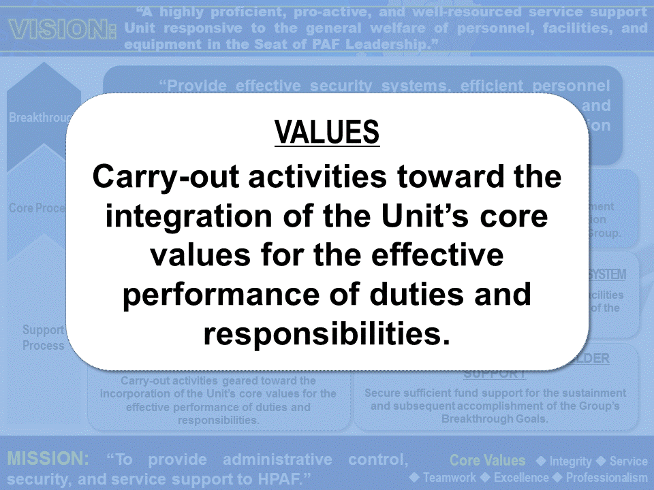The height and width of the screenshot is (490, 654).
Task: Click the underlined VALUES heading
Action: pos(327,132)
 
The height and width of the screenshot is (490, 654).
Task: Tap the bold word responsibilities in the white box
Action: pos(327,334)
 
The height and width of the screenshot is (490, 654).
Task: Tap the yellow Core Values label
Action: pos(488,461)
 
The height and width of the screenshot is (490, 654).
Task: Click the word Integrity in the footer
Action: pos(571,461)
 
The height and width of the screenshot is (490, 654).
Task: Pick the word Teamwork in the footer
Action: pos(450,477)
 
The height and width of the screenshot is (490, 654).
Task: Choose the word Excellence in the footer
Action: pos(522,477)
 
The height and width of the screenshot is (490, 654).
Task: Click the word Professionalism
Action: pos(606,477)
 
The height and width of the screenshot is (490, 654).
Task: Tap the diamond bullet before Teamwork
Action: pos(415,477)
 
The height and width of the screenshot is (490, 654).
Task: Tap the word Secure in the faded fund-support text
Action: pos(382,393)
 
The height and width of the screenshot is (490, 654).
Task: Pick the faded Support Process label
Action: pos(43,338)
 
